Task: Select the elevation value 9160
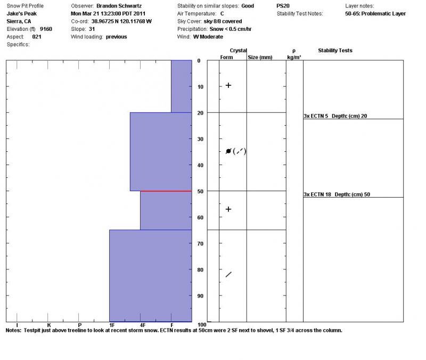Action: (46, 29)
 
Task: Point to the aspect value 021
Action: (36, 37)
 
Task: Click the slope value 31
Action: (92, 29)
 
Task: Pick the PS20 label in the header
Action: (284, 6)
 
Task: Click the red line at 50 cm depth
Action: (166, 191)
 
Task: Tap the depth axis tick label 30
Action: (199, 139)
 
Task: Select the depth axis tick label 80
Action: (199, 269)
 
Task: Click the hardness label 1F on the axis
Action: (112, 324)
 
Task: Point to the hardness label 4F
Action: (143, 324)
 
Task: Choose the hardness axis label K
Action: (48, 324)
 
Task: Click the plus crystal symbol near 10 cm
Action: (228, 85)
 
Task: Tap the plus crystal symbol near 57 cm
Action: (228, 209)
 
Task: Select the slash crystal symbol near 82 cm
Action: (228, 274)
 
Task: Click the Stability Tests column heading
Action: (335, 51)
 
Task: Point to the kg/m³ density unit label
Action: (294, 57)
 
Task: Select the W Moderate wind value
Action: (208, 37)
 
